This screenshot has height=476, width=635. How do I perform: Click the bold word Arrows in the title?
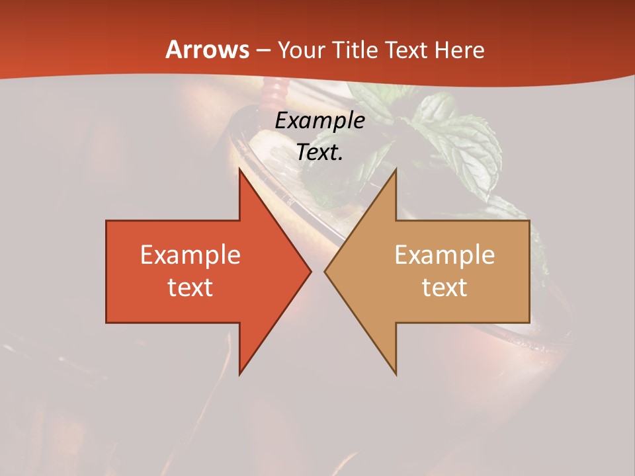[208, 50]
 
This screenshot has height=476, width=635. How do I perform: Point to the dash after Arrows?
[263, 51]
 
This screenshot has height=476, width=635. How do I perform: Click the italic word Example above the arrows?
[319, 121]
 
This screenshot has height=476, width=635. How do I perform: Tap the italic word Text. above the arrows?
[319, 152]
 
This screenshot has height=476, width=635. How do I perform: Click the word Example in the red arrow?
[190, 255]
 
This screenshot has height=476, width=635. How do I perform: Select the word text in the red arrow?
[190, 287]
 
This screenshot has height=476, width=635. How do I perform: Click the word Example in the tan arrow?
[444, 255]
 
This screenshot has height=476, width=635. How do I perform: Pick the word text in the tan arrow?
[444, 287]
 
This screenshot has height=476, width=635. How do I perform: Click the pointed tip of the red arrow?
[311, 271]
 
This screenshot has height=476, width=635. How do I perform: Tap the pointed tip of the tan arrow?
[325, 271]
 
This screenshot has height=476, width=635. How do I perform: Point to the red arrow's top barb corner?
[239, 169]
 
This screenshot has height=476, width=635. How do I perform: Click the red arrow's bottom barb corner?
[239, 374]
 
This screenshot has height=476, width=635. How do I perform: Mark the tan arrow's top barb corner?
[396, 169]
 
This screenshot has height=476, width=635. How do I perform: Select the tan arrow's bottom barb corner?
[396, 374]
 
